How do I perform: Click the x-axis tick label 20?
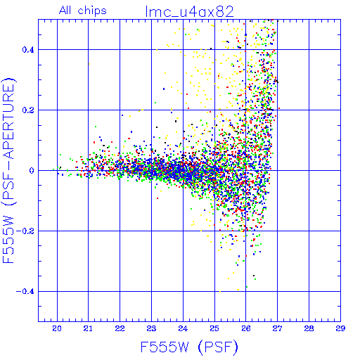[57, 328]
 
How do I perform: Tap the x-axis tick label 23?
[151, 328]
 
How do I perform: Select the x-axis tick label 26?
[246, 328]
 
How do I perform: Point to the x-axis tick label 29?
[340, 328]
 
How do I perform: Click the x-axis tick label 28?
[309, 328]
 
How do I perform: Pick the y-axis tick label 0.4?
[28, 50]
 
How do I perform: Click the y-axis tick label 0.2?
[28, 110]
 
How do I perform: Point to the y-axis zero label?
[32, 171]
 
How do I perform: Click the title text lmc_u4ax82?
[189, 12]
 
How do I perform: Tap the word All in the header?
[66, 11]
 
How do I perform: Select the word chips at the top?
[92, 11]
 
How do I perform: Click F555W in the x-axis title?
[165, 347]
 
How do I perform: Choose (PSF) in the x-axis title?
[218, 347]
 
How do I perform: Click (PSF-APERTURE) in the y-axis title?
[9, 141]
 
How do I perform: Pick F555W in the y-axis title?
[8, 240]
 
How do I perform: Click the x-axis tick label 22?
[120, 328]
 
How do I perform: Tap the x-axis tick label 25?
[214, 328]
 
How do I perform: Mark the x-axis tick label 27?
[277, 328]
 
